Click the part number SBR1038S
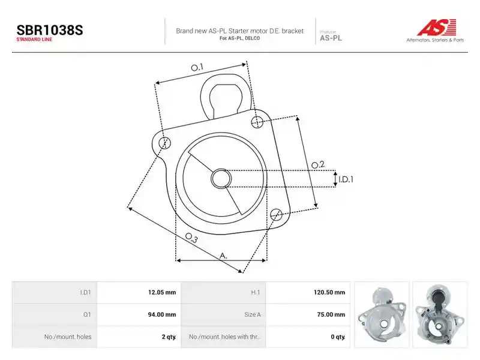(x=50, y=30)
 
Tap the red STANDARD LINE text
(x=34, y=40)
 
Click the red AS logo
(x=437, y=27)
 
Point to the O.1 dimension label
(x=197, y=67)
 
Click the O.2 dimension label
(x=318, y=164)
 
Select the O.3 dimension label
(x=191, y=238)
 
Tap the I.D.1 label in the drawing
(x=346, y=179)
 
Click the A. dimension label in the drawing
(x=223, y=256)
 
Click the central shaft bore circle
(x=221, y=178)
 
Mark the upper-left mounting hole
(x=165, y=143)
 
